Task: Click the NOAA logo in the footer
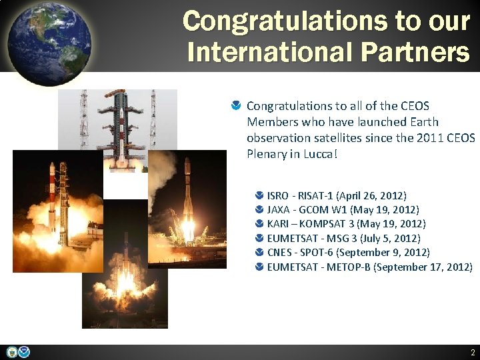(24, 352)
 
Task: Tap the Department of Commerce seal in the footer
(11, 352)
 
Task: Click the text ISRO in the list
(278, 196)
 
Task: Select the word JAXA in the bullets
(279, 210)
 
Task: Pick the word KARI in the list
(278, 224)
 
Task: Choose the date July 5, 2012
(389, 238)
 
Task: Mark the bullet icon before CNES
(259, 253)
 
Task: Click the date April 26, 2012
(371, 196)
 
